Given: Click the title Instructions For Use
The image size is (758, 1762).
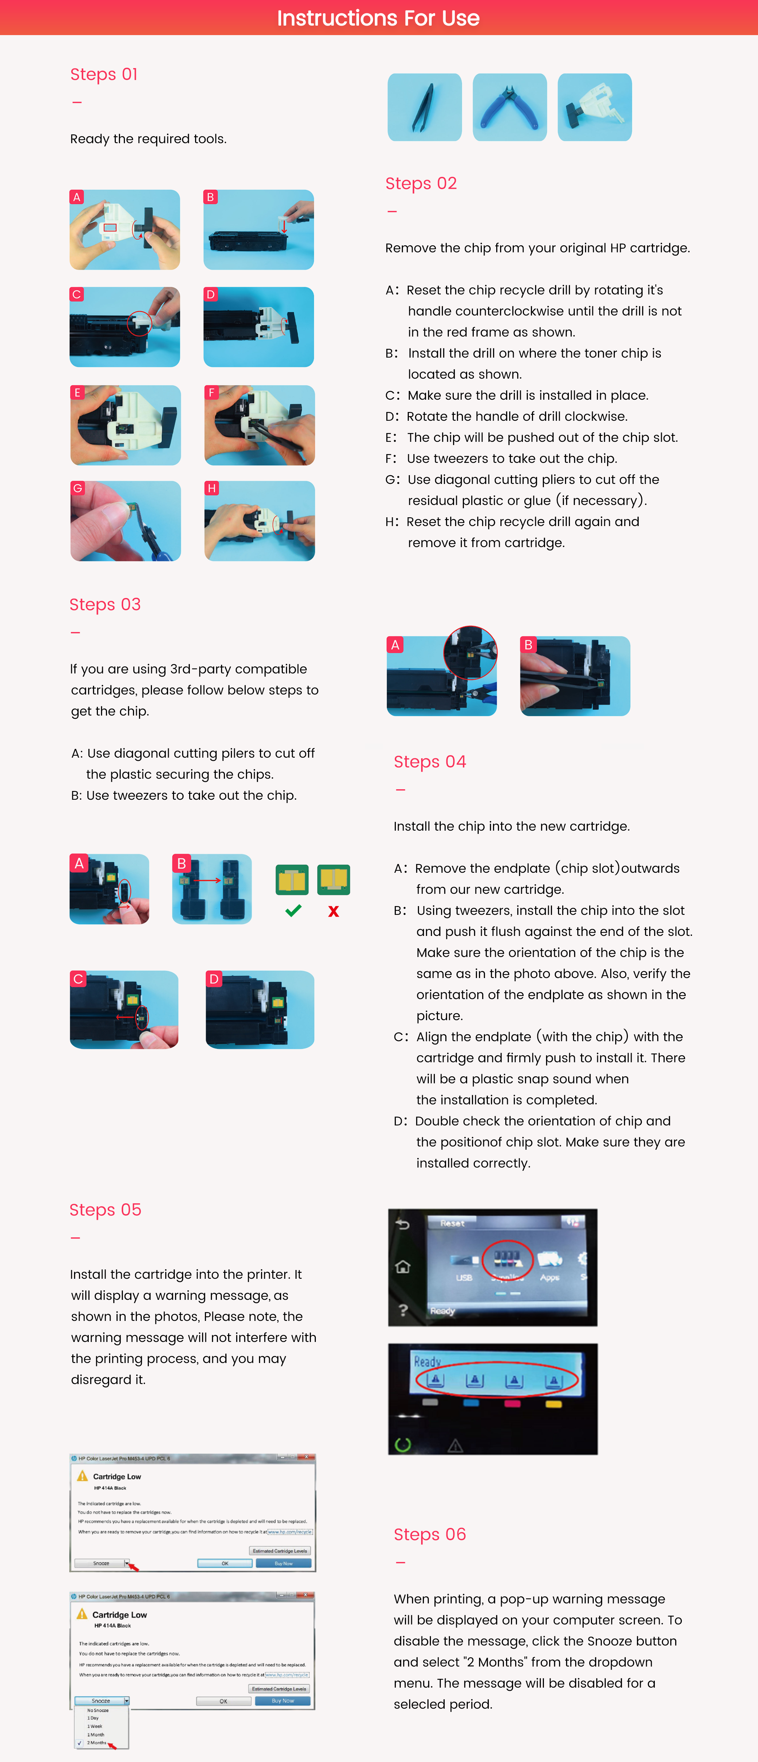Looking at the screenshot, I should coord(378,18).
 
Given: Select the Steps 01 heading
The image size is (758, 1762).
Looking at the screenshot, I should coord(104,74).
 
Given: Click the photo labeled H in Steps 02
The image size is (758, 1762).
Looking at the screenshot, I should coord(260,521).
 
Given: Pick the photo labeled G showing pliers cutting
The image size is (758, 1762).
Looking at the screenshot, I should coord(126,521).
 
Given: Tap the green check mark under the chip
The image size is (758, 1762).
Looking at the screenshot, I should coord(293,910).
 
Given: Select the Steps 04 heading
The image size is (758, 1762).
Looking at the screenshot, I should coord(430,762).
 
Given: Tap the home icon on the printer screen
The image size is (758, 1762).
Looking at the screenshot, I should coord(403,1267).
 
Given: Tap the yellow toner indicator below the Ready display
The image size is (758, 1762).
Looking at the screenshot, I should coord(553,1404).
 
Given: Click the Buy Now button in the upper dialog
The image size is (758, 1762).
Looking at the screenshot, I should coord(283,1563).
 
